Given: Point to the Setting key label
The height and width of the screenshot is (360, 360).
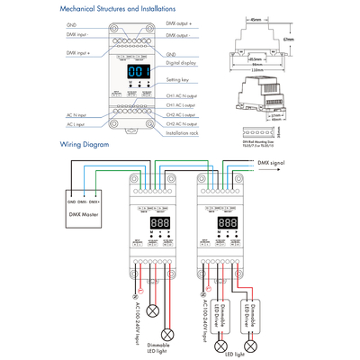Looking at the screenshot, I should [179, 80].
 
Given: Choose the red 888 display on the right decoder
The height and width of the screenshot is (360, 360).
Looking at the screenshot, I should [228, 221].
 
